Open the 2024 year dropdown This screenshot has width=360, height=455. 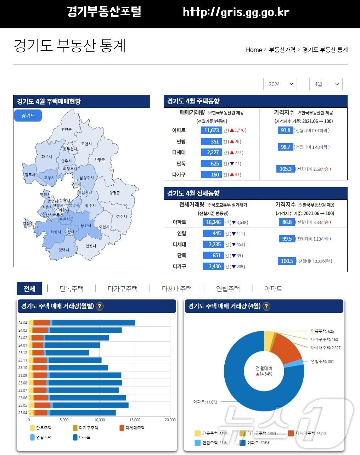click(280, 84)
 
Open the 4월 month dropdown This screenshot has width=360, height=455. click(326, 84)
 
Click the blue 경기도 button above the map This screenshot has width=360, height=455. click(28, 116)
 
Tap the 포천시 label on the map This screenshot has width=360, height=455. click(86, 144)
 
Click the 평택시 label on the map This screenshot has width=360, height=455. click(64, 250)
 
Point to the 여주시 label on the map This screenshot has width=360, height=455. click(121, 217)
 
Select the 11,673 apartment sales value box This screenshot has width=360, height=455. click(212, 130)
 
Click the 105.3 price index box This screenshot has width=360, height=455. click(285, 169)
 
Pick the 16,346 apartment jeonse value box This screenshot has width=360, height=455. click(213, 222)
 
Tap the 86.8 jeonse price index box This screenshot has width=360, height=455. click(287, 222)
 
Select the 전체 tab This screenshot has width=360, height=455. click(29, 288)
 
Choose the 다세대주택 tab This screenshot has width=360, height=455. click(176, 288)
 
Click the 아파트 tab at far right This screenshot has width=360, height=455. click(273, 288)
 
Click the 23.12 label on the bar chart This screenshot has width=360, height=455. click(23, 353)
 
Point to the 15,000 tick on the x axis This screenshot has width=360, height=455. click(135, 420)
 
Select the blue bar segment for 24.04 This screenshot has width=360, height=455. click(94, 322)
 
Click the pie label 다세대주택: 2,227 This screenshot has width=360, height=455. click(325, 348)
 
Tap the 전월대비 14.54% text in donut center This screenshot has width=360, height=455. click(264, 371)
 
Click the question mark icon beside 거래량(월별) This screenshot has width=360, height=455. click(100, 306)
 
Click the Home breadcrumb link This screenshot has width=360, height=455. click(254, 50)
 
